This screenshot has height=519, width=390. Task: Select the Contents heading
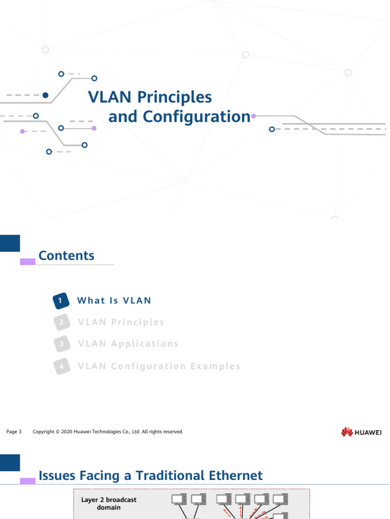pyautogui.click(x=67, y=255)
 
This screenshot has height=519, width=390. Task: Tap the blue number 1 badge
pyautogui.click(x=60, y=301)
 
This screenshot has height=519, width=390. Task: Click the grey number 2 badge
pyautogui.click(x=61, y=322)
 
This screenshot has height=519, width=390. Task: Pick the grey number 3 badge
pyautogui.click(x=61, y=344)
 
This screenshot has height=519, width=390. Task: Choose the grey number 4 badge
pyautogui.click(x=61, y=366)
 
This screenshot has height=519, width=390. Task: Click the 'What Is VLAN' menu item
pyautogui.click(x=114, y=301)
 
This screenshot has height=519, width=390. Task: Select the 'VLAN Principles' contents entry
pyautogui.click(x=121, y=322)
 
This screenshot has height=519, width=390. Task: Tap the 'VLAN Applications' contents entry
pyautogui.click(x=128, y=344)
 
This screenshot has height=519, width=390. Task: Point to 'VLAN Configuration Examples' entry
pyautogui.click(x=159, y=366)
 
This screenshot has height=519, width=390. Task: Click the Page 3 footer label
pyautogui.click(x=14, y=432)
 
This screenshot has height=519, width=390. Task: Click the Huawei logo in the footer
pyautogui.click(x=362, y=432)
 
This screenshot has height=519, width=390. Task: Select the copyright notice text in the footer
pyautogui.click(x=108, y=432)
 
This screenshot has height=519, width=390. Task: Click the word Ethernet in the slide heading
pyautogui.click(x=236, y=475)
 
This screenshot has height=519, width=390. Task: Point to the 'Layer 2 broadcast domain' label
pyautogui.click(x=109, y=503)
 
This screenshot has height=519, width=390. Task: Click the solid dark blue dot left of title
pyautogui.click(x=45, y=95)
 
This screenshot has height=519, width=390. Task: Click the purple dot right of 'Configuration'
pyautogui.click(x=253, y=116)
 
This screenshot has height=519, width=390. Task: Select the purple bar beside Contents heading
pyautogui.click(x=27, y=262)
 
